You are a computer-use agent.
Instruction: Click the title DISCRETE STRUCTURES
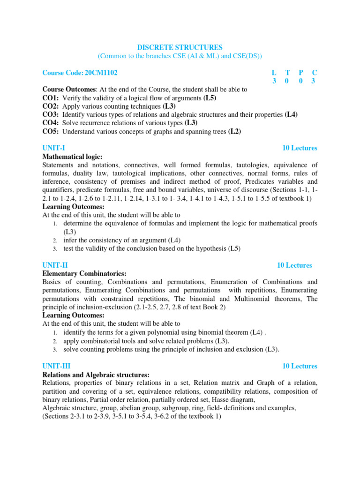coord(180,47)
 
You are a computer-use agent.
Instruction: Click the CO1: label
coord(51,98)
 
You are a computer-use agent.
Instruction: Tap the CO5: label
coord(51,131)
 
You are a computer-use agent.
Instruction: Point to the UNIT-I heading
coord(53,148)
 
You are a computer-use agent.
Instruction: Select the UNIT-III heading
coord(56,366)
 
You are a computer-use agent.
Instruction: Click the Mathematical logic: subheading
coord(72,157)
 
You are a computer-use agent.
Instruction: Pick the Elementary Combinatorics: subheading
coord(84,274)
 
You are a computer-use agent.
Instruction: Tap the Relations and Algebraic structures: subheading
coord(96,375)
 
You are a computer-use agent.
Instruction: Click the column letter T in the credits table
coord(287,73)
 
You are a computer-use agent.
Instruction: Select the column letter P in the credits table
coord(301,73)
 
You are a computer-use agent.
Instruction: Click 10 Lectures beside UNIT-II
coord(294,265)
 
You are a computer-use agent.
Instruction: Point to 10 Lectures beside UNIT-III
coord(300,366)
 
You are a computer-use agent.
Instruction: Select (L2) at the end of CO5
coord(234,131)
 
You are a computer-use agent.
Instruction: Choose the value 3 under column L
coord(274,81)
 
